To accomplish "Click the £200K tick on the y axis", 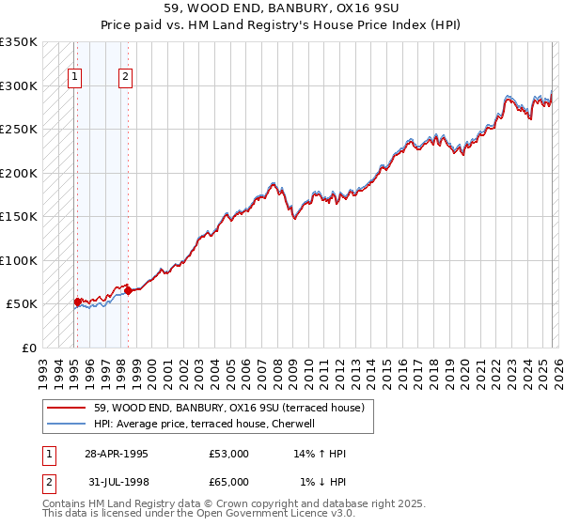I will coord(19,173).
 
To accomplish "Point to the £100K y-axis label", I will coord(19,260).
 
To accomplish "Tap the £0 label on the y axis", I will coord(28,348).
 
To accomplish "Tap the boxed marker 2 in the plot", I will coord(126,78).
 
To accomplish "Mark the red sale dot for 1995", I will coord(77,302).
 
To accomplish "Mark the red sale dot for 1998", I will coord(128,291).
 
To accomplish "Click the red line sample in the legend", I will coord(66,408).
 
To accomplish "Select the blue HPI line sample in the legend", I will coord(66,424).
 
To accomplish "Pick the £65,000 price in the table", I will coord(229,482).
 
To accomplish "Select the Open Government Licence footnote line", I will coord(198,515).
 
